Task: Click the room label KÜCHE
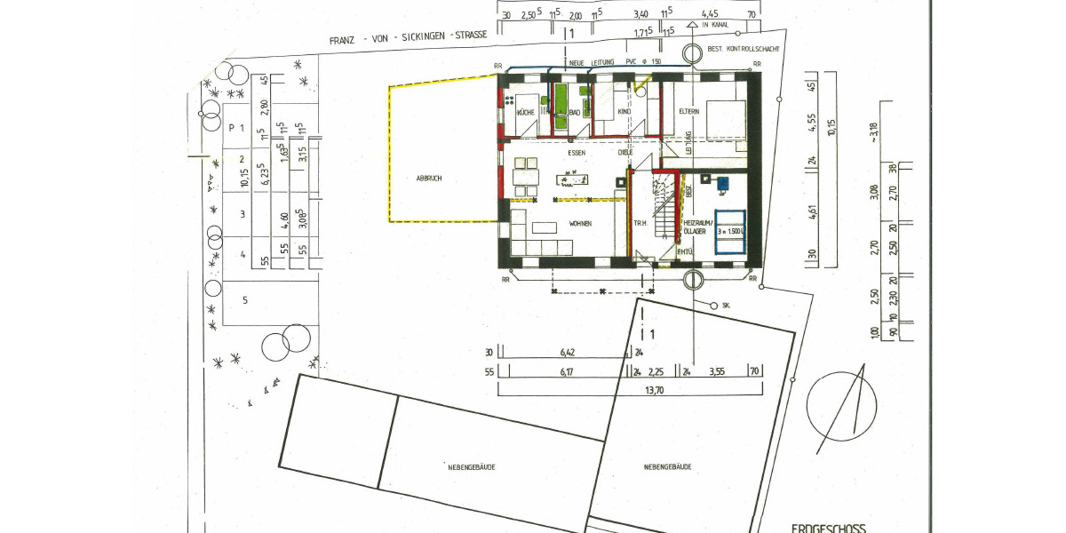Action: click(x=524, y=113)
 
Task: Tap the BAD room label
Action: click(x=575, y=113)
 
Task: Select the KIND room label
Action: click(x=624, y=113)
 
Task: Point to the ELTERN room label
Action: click(x=689, y=112)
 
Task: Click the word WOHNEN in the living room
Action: click(x=581, y=223)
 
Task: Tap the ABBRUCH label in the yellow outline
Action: click(x=428, y=179)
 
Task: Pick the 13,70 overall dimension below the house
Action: click(x=630, y=389)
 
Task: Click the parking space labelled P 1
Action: click(x=236, y=128)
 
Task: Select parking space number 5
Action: click(x=244, y=300)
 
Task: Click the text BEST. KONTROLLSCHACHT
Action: click(x=744, y=50)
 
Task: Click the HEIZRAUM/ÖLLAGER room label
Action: click(x=695, y=227)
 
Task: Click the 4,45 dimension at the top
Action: click(x=709, y=15)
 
